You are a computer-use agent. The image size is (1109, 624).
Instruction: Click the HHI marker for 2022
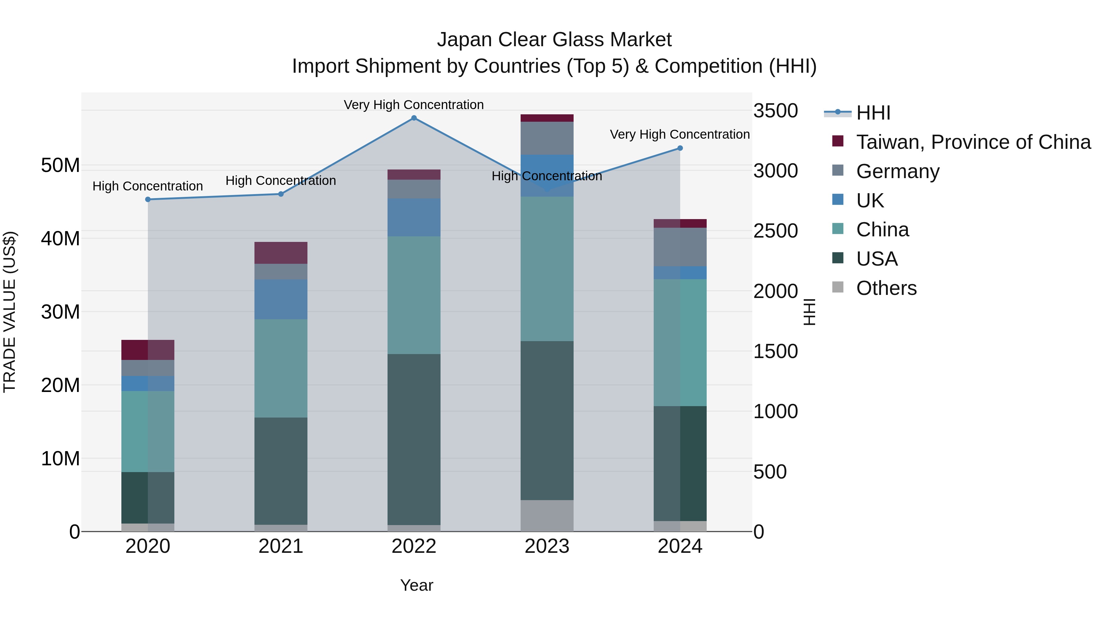pos(414,118)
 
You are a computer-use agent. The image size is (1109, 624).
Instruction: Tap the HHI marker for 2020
pos(148,199)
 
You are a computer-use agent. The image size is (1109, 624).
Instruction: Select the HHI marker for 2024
pos(680,148)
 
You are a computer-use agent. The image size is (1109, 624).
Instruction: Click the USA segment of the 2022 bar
pos(414,439)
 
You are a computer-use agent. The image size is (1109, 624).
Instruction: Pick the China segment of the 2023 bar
pos(547,269)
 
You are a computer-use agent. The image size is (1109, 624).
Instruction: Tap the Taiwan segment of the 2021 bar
pos(281,253)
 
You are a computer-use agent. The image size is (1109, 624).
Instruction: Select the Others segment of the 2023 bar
pos(547,516)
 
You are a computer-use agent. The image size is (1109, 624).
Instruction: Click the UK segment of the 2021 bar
pos(281,299)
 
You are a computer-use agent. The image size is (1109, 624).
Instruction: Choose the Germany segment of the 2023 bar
pos(547,138)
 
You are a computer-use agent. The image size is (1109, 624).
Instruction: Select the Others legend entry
pos(886,288)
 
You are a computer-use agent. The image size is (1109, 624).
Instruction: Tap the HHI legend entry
pos(873,113)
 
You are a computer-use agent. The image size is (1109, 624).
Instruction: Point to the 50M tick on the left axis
pos(60,165)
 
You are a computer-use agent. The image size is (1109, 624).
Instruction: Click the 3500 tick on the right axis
pos(775,111)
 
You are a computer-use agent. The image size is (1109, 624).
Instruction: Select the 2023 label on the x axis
pos(547,546)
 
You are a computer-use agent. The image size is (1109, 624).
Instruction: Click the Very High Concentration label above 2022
pos(414,105)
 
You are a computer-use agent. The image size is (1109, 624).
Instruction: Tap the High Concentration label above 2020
pos(148,186)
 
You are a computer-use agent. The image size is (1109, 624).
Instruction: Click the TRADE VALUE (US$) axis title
pos(10,312)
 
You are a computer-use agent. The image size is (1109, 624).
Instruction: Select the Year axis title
pos(416,585)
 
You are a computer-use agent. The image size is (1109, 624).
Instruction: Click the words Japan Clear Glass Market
pos(554,40)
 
